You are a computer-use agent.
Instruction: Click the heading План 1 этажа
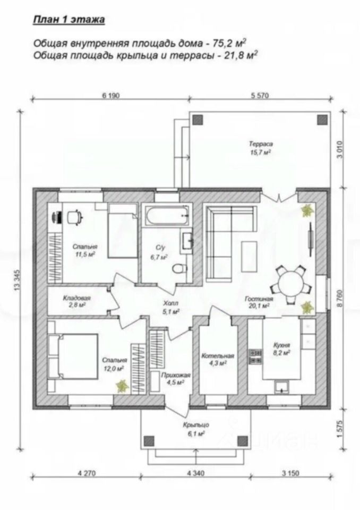69,20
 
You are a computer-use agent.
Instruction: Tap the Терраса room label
261,143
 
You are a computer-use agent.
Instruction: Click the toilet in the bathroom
179,268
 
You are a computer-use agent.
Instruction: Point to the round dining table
291,283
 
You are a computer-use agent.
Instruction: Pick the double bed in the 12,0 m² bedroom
73,356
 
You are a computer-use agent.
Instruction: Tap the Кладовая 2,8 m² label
76,301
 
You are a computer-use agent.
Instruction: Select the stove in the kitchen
255,356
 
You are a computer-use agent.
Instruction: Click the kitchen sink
282,387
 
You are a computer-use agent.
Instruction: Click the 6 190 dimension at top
111,95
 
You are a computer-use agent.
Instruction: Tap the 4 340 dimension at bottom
196,473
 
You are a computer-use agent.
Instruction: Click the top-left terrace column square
198,120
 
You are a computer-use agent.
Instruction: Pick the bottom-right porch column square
242,441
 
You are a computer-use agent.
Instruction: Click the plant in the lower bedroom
122,386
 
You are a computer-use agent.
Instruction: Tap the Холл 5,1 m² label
171,307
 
